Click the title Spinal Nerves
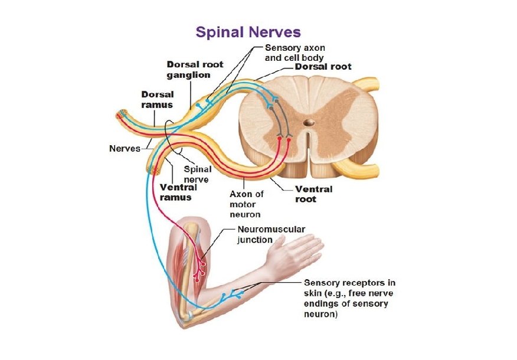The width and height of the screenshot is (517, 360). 248,32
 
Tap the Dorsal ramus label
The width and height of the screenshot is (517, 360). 157,99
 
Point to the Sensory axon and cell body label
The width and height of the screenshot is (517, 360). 295,53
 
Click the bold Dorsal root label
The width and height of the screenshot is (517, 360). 323,67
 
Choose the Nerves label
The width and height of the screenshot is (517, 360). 125,148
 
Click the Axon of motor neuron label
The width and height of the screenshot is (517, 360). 247,204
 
